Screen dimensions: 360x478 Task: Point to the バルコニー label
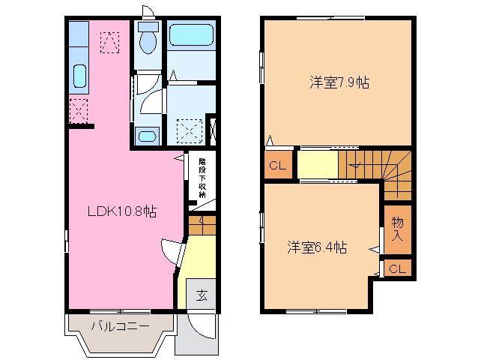[120, 326]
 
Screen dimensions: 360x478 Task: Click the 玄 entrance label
[202, 295]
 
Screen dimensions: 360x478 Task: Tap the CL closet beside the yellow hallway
[277, 166]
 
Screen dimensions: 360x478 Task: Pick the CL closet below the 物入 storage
[398, 268]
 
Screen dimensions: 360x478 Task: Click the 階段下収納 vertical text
[202, 178]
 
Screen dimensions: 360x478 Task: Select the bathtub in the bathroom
[192, 35]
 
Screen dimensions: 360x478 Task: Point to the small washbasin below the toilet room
[148, 136]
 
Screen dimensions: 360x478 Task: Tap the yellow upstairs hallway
[318, 164]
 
